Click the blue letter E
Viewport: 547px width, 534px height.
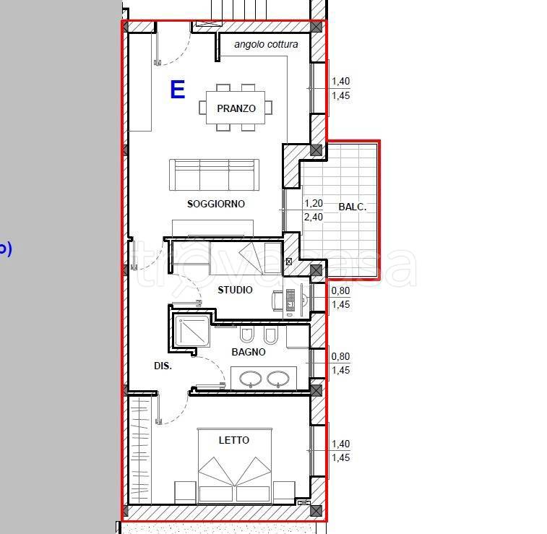coord(178,90)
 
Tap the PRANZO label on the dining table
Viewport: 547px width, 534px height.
coord(236,108)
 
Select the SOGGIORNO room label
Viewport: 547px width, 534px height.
coord(216,204)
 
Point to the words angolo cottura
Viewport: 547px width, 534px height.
coord(266,44)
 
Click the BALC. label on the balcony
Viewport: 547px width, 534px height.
coord(353,207)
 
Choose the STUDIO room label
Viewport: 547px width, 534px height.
coord(235,290)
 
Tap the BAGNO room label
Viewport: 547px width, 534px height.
coord(249,352)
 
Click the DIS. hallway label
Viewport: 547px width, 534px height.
coord(163,366)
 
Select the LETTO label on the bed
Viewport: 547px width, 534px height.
coord(234,440)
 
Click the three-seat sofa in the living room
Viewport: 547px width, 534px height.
coord(214,175)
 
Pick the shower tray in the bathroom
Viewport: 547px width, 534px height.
coord(192,331)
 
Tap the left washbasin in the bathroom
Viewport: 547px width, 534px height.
coord(251,379)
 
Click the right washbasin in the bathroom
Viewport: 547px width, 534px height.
coord(278,379)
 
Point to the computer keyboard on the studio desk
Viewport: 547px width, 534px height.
coord(290,300)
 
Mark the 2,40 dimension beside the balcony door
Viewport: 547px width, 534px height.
coord(314,218)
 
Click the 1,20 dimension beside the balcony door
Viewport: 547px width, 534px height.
coord(314,203)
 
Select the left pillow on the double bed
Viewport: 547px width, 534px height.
coord(216,494)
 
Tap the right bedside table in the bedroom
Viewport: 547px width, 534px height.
coord(284,493)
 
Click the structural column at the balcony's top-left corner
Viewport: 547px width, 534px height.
coord(316,150)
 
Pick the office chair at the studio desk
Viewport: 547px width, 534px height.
coord(277,301)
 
